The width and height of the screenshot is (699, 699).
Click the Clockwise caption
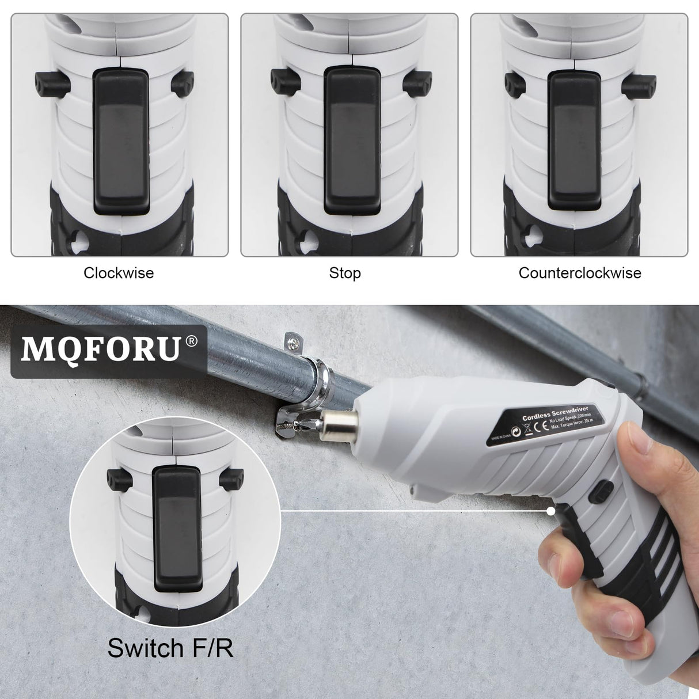click(x=119, y=272)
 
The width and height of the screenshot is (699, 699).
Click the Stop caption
click(x=345, y=272)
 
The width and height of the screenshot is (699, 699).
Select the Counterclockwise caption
click(x=580, y=272)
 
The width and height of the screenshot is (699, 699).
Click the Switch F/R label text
click(x=170, y=648)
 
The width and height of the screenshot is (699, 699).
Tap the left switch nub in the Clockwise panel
click(x=52, y=82)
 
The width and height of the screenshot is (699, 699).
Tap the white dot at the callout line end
click(x=552, y=510)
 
